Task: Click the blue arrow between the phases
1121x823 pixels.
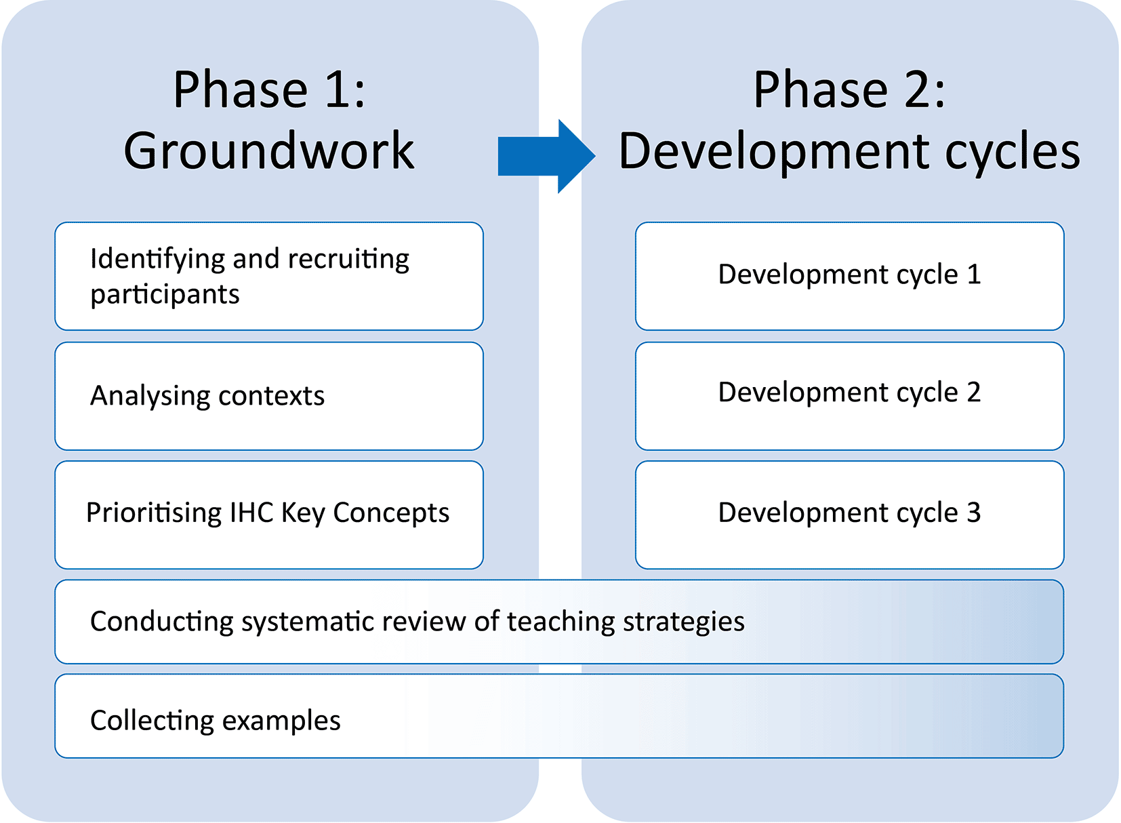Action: pyautogui.click(x=546, y=156)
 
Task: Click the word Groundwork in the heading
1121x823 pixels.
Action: pyautogui.click(x=269, y=150)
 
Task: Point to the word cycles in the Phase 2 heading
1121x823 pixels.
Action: pyautogui.click(x=1013, y=153)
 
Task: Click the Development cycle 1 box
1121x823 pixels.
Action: pyautogui.click(x=850, y=277)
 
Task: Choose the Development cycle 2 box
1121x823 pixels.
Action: pyautogui.click(x=850, y=396)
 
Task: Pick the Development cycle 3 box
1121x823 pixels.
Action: pyautogui.click(x=850, y=515)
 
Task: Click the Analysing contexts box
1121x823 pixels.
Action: pyautogui.click(x=269, y=396)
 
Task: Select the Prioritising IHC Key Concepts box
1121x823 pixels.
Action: pyautogui.click(x=269, y=515)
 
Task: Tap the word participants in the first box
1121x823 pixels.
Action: pyautogui.click(x=165, y=295)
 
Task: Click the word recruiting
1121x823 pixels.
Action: pyautogui.click(x=348, y=260)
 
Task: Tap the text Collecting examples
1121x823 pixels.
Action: pyautogui.click(x=216, y=721)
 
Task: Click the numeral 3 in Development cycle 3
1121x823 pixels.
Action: pyautogui.click(x=973, y=513)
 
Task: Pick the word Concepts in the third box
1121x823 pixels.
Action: pyautogui.click(x=391, y=514)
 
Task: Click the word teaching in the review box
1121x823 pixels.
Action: pyautogui.click(x=561, y=623)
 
